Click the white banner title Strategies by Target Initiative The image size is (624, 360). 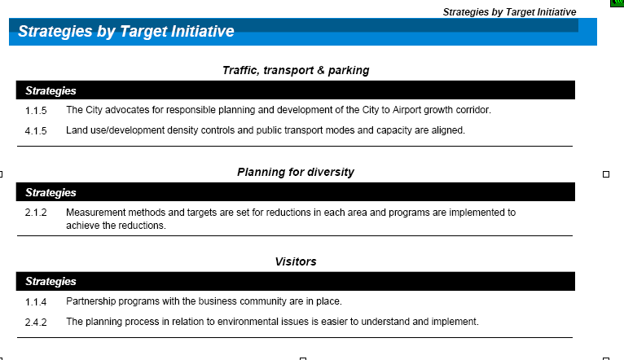[126, 32]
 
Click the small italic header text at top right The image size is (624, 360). [509, 12]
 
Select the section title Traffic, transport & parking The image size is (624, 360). [296, 70]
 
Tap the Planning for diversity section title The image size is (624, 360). [296, 172]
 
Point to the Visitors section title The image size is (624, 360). [296, 261]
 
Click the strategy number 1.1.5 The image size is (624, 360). [36, 111]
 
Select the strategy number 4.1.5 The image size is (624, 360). [36, 131]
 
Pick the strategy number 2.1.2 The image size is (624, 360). [36, 213]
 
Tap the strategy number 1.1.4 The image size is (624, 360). [36, 302]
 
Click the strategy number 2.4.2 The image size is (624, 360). [36, 323]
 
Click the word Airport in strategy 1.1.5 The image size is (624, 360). [406, 110]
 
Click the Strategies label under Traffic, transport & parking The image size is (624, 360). [51, 90]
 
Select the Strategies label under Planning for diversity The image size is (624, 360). [51, 192]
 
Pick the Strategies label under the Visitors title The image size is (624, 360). [51, 281]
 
